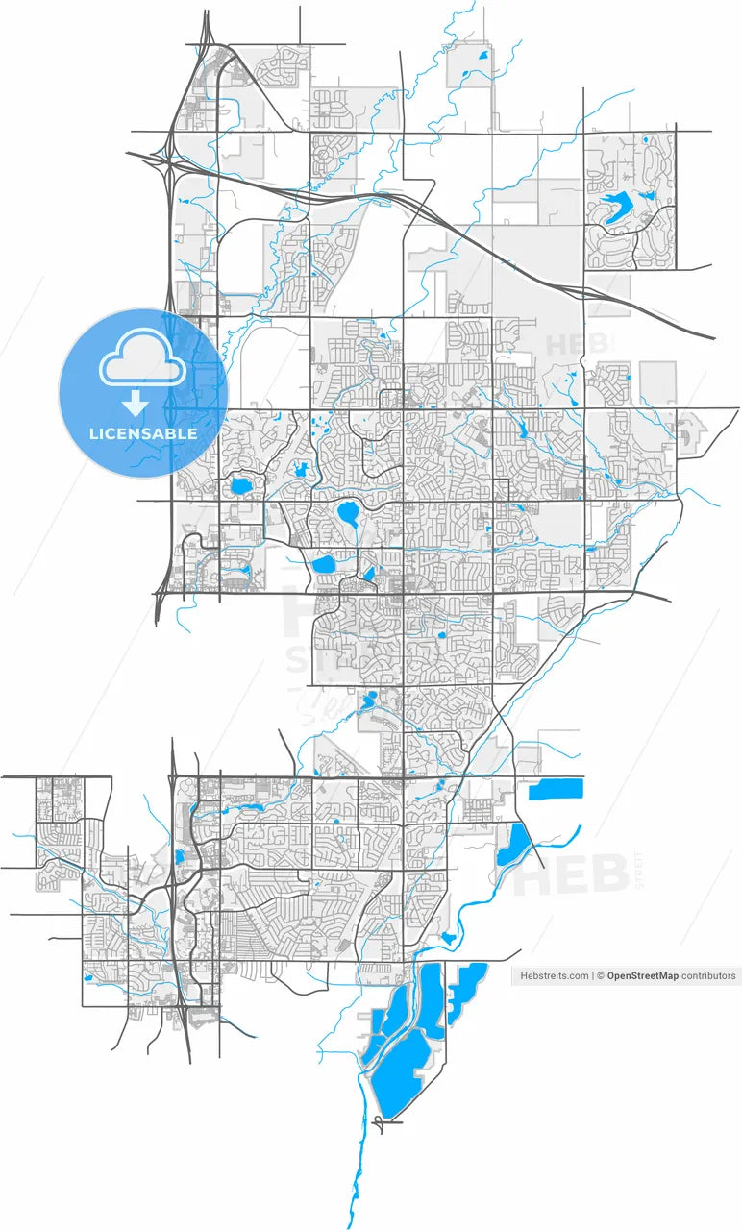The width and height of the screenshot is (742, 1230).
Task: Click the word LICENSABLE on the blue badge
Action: coord(143,433)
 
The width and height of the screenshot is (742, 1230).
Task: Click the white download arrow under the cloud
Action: coord(136,402)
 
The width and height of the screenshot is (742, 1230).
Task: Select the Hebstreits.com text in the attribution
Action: coord(554,975)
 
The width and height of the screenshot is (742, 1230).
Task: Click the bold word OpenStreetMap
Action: coord(642,975)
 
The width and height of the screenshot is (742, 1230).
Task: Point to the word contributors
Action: coord(708,975)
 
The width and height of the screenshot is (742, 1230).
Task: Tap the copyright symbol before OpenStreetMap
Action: coord(600,975)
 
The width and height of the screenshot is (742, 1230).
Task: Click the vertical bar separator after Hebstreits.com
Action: coord(592,975)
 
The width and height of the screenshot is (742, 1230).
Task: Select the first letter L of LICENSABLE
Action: coord(93,433)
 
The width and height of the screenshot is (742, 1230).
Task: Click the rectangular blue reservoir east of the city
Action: coord(556,790)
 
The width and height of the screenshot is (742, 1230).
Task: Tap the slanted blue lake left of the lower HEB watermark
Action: coord(511,844)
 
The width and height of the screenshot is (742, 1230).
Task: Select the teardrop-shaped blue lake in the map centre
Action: coord(348,515)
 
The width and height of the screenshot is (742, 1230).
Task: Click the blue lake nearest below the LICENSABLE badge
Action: coord(238,485)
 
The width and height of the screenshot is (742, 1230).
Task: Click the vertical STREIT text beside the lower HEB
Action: coord(641,870)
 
